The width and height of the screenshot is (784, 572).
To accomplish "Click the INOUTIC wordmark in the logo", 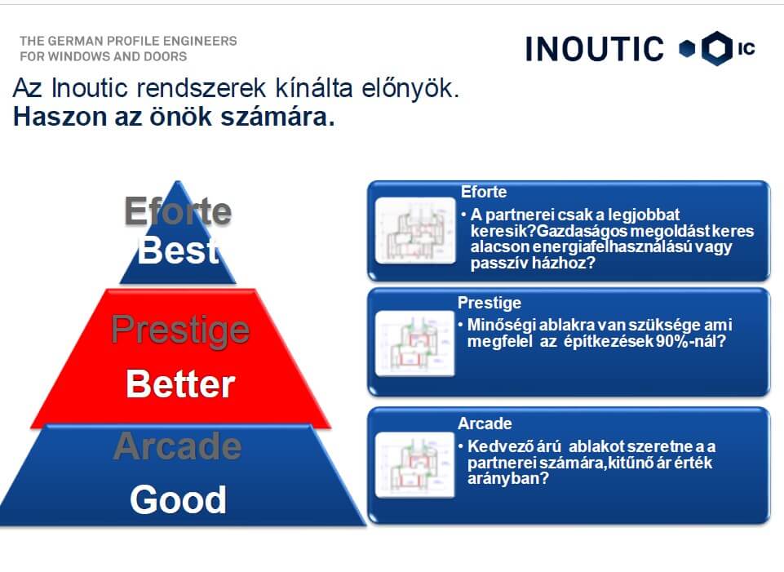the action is click(x=595, y=48).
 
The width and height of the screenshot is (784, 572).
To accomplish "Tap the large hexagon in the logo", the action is click(x=717, y=48).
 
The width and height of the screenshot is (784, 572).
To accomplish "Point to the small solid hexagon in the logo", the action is click(x=687, y=48).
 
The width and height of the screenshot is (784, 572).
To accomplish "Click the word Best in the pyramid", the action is click(x=179, y=250).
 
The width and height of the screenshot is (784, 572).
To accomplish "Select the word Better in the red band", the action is click(x=180, y=384).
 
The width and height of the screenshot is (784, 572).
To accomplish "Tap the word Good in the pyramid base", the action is click(x=178, y=499).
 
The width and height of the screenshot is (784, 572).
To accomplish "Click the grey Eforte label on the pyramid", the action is click(x=178, y=211).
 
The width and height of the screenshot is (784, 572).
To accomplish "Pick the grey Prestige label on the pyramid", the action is click(x=180, y=330).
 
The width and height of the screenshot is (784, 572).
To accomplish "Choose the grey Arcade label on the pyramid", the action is click(x=178, y=446).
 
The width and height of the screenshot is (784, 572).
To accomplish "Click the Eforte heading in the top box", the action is click(x=484, y=192).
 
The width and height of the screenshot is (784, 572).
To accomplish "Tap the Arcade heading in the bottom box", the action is click(x=485, y=423).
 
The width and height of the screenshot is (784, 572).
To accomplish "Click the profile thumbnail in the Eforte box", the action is click(x=415, y=230).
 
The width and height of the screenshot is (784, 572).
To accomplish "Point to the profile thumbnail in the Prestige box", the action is click(x=414, y=343).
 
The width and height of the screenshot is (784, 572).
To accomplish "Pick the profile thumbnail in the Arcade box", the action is click(x=414, y=464).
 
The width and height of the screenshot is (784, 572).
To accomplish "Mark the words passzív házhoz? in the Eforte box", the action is click(x=533, y=263).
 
